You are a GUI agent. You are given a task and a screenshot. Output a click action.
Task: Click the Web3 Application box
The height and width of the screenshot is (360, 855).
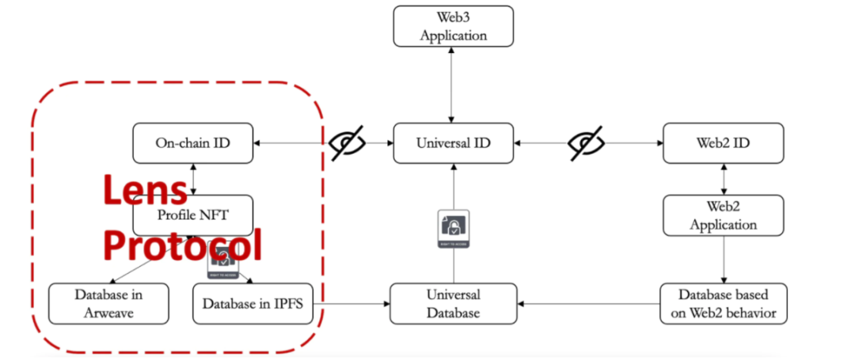pyautogui.click(x=454, y=26)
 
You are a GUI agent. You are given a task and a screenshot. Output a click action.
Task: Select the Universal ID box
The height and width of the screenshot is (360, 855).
pyautogui.click(x=454, y=143)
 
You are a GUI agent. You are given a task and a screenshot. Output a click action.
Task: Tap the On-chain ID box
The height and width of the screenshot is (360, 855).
pyautogui.click(x=192, y=143)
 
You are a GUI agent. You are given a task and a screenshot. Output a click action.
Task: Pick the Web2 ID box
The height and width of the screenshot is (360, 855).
pyautogui.click(x=723, y=143)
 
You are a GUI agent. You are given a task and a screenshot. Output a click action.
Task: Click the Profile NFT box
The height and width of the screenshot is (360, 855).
pyautogui.click(x=192, y=214)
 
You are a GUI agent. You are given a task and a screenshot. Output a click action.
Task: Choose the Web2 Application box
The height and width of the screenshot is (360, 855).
pyautogui.click(x=723, y=216)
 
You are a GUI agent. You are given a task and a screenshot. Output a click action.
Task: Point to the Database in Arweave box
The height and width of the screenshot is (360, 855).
pyautogui.click(x=108, y=303)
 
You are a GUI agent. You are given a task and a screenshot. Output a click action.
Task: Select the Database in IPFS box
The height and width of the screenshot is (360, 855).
pyautogui.click(x=253, y=303)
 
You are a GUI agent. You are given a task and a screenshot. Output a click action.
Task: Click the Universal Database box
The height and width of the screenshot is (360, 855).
pyautogui.click(x=454, y=303)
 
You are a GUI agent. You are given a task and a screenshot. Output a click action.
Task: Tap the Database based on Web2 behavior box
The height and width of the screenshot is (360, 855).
pyautogui.click(x=723, y=303)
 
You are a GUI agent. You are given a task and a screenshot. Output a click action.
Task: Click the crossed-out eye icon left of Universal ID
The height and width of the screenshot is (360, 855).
pyautogui.click(x=348, y=143)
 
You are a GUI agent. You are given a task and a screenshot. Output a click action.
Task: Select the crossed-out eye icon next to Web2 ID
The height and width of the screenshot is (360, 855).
pyautogui.click(x=587, y=143)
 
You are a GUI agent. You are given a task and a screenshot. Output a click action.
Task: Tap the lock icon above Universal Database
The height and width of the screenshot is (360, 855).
pyautogui.click(x=454, y=229)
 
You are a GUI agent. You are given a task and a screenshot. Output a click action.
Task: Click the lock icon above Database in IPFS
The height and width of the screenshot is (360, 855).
pyautogui.click(x=222, y=261)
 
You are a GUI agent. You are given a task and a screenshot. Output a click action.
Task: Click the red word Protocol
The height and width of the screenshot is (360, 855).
pyautogui.click(x=182, y=245)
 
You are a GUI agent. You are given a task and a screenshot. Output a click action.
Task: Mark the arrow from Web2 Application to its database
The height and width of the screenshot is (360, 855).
pyautogui.click(x=723, y=260)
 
